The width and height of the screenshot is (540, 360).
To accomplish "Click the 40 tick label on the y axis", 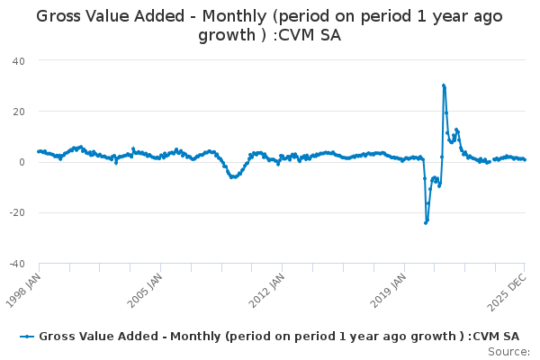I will pos(18,60).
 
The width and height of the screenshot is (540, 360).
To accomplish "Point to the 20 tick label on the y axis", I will pos(18,112).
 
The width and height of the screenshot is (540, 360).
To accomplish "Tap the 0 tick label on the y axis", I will pos(22,162).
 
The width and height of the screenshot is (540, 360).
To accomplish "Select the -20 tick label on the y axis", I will pos(16,213).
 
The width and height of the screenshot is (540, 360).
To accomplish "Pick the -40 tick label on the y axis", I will pos(16,264).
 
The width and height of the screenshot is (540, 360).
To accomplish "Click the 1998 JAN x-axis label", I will pos(23,286).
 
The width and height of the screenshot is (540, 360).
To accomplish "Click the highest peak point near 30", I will pos(444,85).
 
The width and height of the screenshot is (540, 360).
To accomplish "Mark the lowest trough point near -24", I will pos(426,222).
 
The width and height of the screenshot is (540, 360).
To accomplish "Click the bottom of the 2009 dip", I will pos(232,177).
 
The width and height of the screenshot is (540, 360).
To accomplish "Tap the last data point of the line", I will pos(525,159).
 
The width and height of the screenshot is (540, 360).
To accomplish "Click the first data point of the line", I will pos(39,151).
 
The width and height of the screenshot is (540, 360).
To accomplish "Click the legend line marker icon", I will pos(28,336).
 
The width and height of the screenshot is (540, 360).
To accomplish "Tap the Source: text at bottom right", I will pos(508,352).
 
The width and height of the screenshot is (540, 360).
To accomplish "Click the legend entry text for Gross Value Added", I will pos(279,336).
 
